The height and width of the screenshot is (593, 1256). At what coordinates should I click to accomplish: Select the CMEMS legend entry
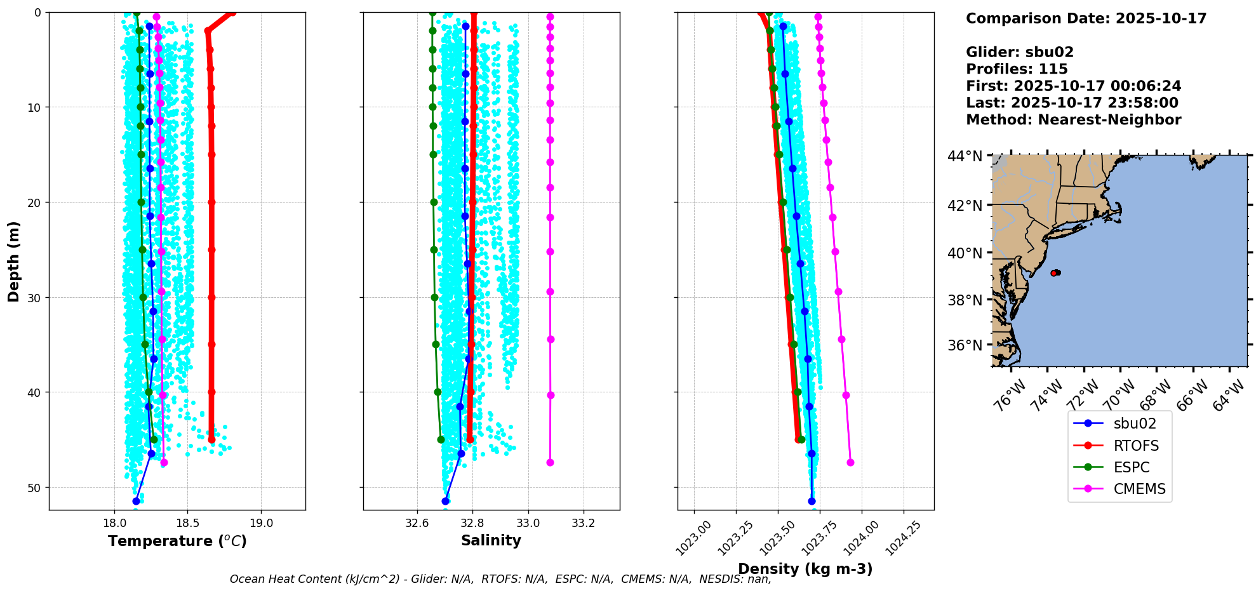click(1139, 489)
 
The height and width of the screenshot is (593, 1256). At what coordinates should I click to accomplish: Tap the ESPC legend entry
click(1131, 467)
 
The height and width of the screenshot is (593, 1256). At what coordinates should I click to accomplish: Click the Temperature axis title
click(177, 541)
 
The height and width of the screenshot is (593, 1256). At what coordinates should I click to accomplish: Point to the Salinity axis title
click(491, 540)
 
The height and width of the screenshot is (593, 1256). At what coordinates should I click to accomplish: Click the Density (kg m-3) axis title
click(805, 569)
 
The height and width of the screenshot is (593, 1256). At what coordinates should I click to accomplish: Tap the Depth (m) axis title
click(14, 261)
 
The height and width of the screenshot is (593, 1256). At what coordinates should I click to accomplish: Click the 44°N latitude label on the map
click(965, 156)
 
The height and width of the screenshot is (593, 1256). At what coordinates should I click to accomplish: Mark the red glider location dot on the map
click(1054, 273)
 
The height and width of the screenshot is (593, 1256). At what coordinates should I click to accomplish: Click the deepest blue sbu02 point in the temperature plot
click(136, 501)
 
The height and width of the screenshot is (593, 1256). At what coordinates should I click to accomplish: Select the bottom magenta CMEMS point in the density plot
click(850, 462)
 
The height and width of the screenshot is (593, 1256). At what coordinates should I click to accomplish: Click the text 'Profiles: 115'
click(1017, 69)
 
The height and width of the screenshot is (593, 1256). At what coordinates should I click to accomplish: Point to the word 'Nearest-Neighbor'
click(1109, 120)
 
